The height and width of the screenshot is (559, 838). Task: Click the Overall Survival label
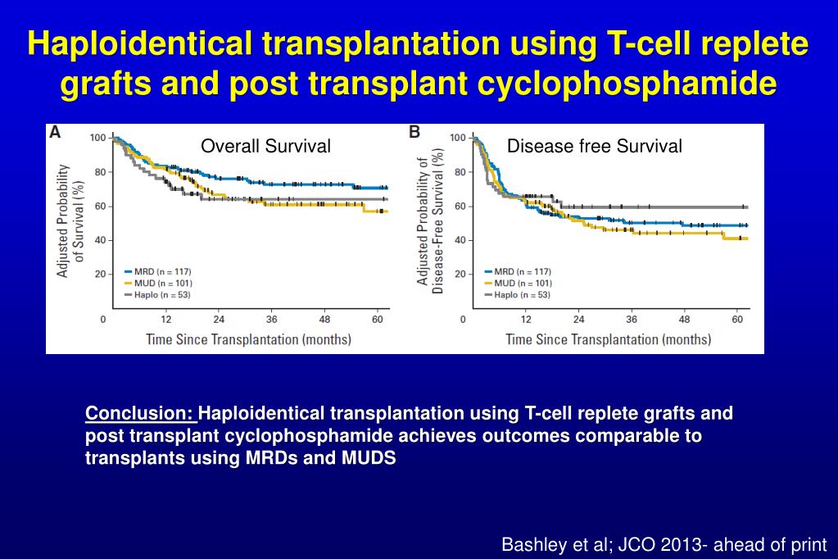point(266,147)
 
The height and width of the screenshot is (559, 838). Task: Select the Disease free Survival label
point(594,147)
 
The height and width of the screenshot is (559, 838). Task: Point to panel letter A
point(56,132)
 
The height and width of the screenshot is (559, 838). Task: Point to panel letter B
point(414,132)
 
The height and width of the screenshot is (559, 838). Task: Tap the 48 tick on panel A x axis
point(325,319)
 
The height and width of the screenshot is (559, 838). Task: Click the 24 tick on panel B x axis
point(578,319)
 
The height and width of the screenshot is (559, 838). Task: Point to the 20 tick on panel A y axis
point(100,274)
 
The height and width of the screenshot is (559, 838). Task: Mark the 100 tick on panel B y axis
point(458,137)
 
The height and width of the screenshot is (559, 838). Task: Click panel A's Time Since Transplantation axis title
point(248,339)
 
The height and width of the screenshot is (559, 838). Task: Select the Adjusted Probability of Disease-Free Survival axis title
point(429,221)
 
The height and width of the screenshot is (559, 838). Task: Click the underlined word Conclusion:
point(141,413)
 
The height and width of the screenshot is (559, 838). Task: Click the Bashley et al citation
point(664,544)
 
